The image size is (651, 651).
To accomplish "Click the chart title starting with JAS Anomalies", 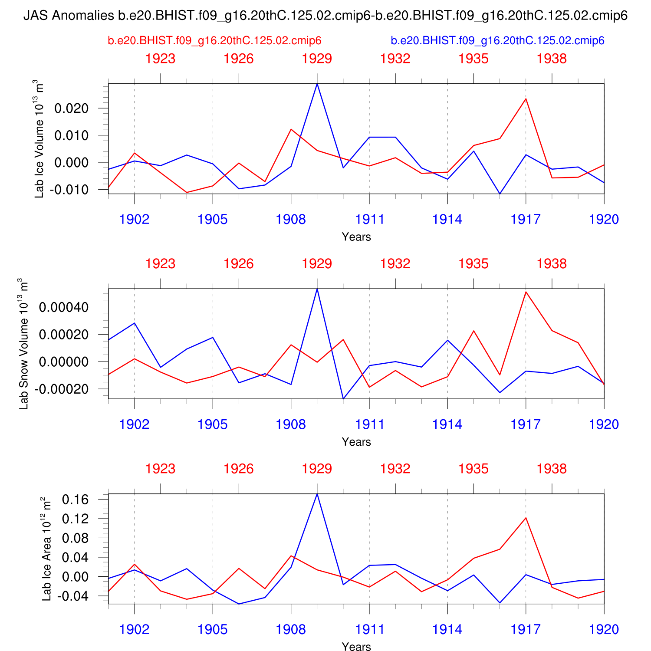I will (325, 16).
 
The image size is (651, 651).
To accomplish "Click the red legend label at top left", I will (214, 41).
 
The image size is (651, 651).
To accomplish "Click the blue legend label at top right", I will (497, 41).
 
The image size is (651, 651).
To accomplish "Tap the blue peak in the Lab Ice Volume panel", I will (317, 84).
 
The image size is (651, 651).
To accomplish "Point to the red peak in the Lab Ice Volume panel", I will (526, 99).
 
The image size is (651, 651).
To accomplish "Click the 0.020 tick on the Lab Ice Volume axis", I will (71, 108).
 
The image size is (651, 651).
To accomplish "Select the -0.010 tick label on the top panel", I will (69, 190).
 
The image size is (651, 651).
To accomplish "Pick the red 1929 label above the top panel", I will (317, 59).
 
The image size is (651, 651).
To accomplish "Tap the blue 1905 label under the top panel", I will (213, 220).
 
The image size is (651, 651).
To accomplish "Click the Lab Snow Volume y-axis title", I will (23, 344).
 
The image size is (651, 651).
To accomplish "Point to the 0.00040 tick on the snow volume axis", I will (64, 308).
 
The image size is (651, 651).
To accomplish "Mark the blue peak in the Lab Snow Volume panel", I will (317, 289).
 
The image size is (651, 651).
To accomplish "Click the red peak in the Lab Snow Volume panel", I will (526, 292).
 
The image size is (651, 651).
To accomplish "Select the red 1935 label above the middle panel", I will (473, 264).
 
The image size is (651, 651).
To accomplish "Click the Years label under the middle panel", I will (356, 442).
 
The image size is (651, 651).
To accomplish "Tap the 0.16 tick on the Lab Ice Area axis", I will (76, 500).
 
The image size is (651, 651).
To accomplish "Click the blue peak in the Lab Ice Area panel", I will (317, 494).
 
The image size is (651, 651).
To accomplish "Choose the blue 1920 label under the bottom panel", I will (604, 630).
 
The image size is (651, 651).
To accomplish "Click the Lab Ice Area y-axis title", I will (46, 549).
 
